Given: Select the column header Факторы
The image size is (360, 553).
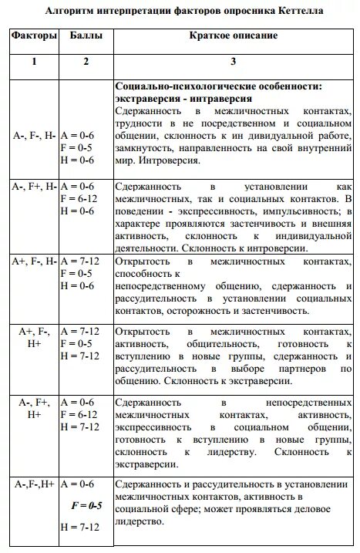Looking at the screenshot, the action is pyautogui.click(x=34, y=36).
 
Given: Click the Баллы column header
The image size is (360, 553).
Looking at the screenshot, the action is pyautogui.click(x=86, y=36).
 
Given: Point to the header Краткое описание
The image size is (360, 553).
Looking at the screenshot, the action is pyautogui.click(x=234, y=36).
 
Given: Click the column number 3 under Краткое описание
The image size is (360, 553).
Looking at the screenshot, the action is pyautogui.click(x=234, y=62).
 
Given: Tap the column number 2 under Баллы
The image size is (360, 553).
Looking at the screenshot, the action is pyautogui.click(x=86, y=62).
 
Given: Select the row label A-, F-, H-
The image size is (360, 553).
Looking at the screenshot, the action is pyautogui.click(x=34, y=136).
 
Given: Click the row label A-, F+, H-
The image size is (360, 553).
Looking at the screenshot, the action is pyautogui.click(x=34, y=186).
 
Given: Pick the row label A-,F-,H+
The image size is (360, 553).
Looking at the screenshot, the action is pyautogui.click(x=34, y=484).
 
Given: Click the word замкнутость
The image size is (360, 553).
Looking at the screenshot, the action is pyautogui.click(x=147, y=149).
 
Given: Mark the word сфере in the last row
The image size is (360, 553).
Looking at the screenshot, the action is pyautogui.click(x=193, y=509).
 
